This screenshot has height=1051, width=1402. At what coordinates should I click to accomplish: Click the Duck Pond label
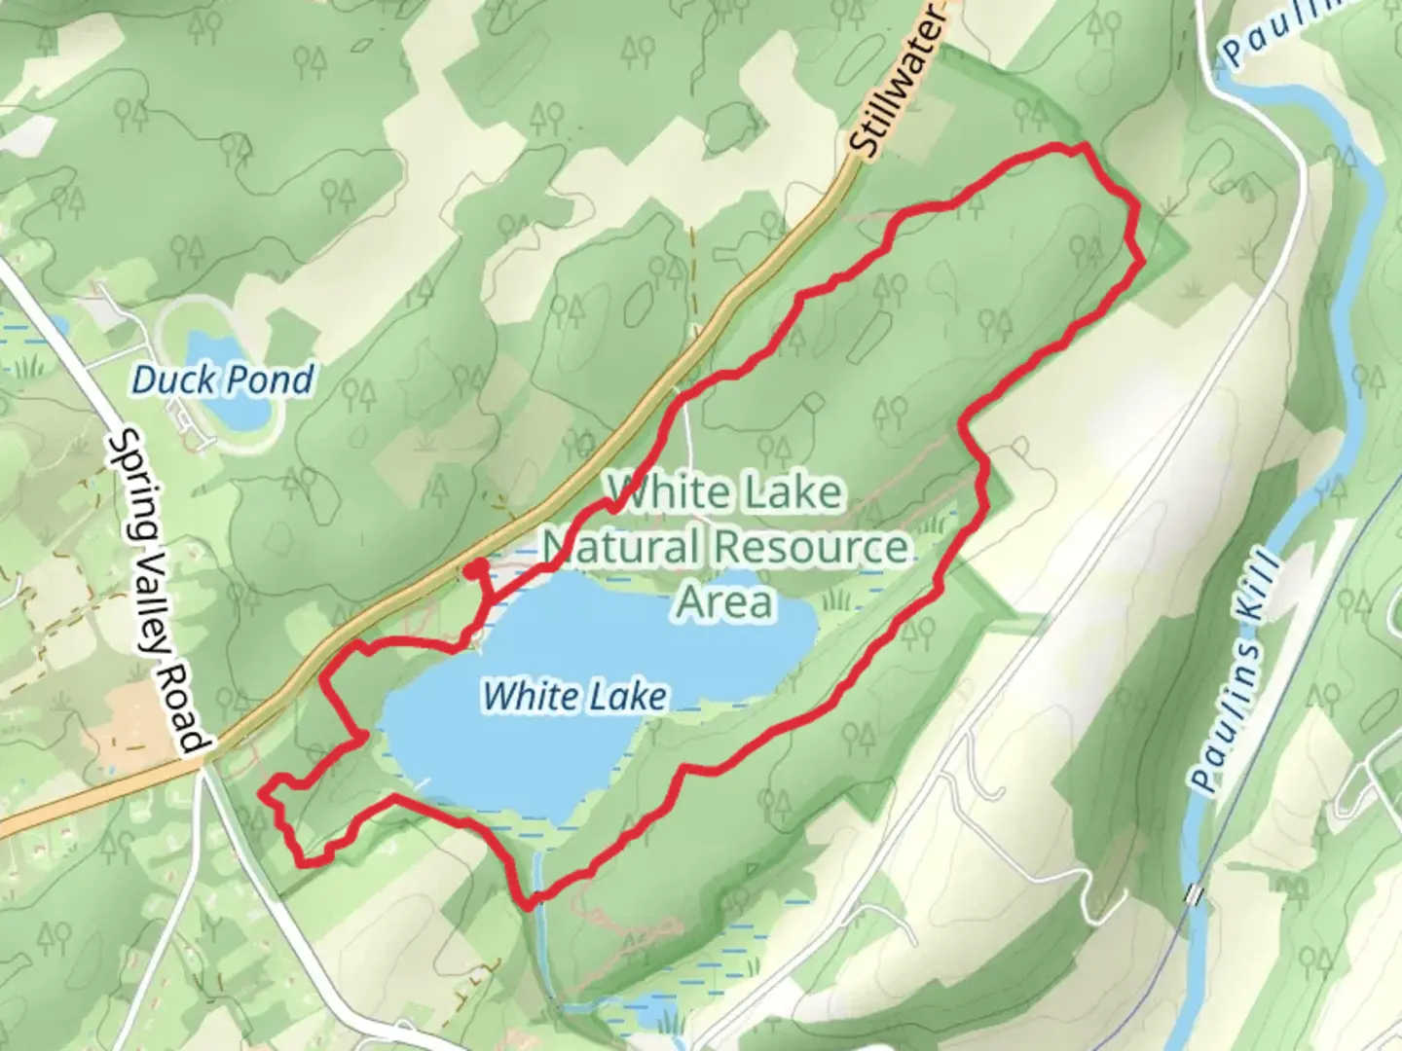coord(222,380)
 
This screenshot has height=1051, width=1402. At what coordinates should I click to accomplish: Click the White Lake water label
coord(574,696)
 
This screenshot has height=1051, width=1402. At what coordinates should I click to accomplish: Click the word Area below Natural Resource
coord(725,601)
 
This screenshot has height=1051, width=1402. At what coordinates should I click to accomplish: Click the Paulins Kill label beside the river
coord(1236,671)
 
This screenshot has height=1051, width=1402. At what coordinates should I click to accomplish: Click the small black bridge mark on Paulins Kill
coord(1194,892)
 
